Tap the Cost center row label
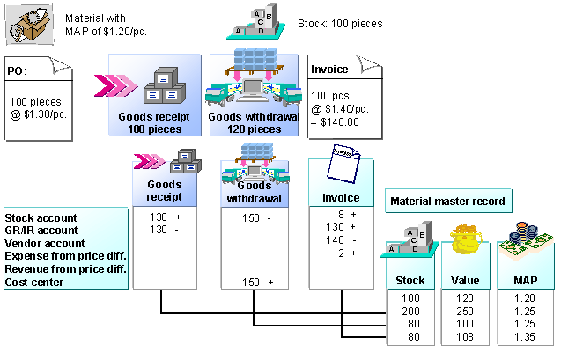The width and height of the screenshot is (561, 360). (34, 282)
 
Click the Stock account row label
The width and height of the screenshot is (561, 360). (41, 217)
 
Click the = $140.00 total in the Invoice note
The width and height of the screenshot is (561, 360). (337, 122)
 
